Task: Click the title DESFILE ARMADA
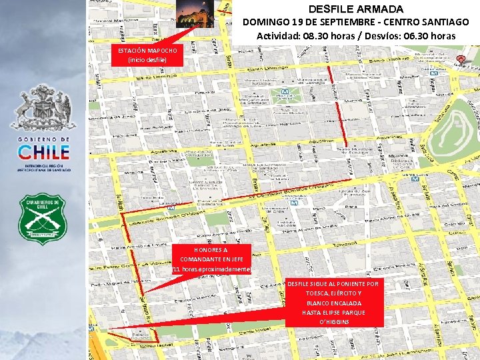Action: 356,9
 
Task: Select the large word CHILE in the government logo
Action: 43,151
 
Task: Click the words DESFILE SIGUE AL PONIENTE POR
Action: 333,284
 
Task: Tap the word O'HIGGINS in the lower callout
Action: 333,322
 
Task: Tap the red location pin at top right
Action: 461,60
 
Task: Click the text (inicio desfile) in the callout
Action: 147,60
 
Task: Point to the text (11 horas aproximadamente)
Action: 211,269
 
